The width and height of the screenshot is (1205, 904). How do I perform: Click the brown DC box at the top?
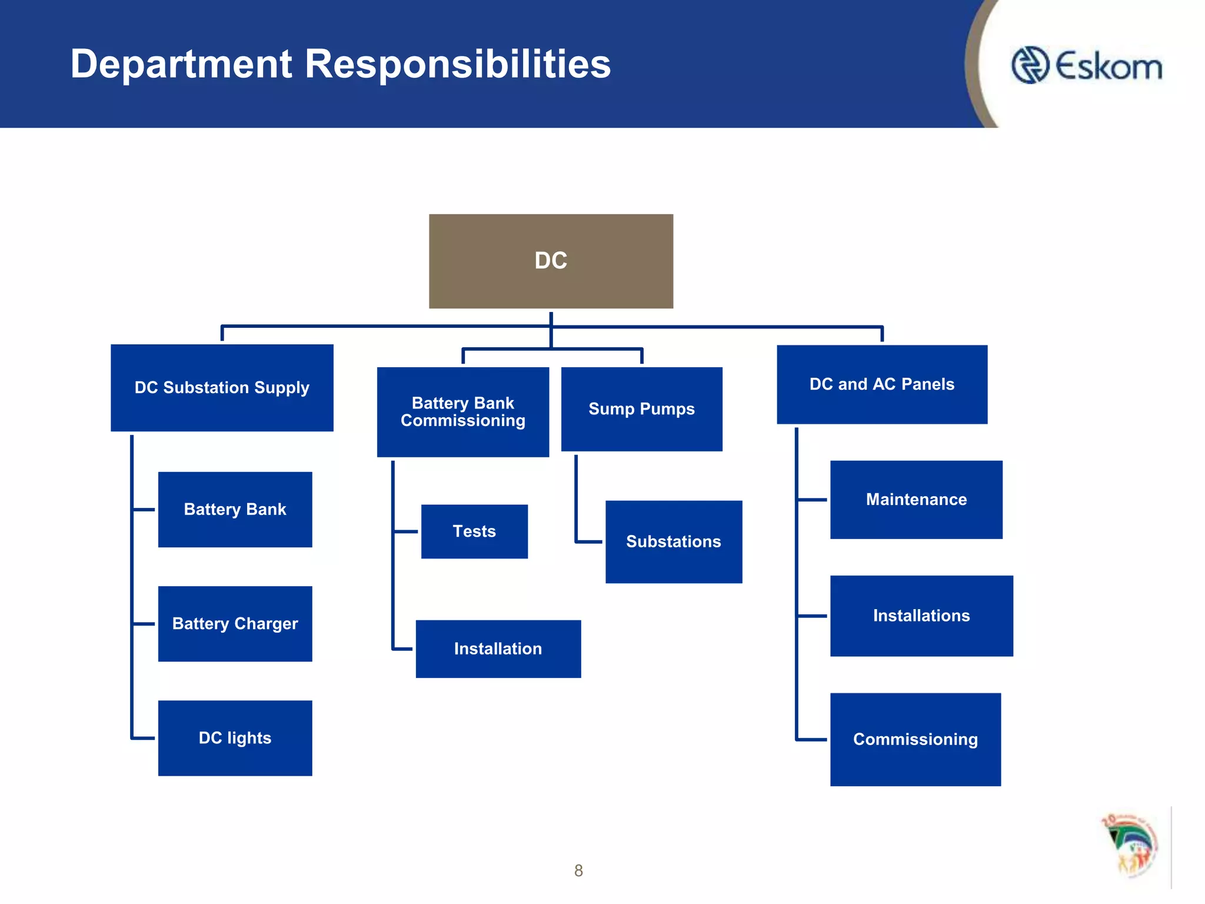(x=551, y=261)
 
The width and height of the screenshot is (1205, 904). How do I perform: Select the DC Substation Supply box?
(x=222, y=387)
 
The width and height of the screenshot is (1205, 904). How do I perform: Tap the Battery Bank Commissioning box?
(x=462, y=411)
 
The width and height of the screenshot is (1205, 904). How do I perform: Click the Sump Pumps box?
(x=641, y=408)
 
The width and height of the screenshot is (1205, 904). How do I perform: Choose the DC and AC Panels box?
(x=881, y=384)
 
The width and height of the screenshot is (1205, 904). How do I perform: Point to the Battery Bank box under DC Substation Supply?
(x=235, y=509)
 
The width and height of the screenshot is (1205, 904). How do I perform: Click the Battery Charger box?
(x=235, y=623)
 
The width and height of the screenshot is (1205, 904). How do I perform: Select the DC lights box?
(x=235, y=737)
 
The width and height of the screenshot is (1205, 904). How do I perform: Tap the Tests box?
(x=474, y=531)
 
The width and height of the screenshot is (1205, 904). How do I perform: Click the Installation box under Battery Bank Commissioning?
(x=498, y=649)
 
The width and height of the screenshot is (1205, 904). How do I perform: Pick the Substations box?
(x=673, y=541)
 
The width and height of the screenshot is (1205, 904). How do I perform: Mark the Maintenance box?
(x=916, y=499)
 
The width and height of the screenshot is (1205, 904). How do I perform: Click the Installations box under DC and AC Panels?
(x=921, y=616)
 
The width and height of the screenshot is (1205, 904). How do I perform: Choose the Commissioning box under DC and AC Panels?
(x=916, y=739)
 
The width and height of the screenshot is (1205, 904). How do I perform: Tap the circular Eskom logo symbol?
(x=1030, y=65)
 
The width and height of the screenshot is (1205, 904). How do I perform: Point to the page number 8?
(x=578, y=870)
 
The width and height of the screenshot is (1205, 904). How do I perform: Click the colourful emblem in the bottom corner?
(x=1130, y=845)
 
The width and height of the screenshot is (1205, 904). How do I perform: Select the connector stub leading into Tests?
(x=406, y=531)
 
